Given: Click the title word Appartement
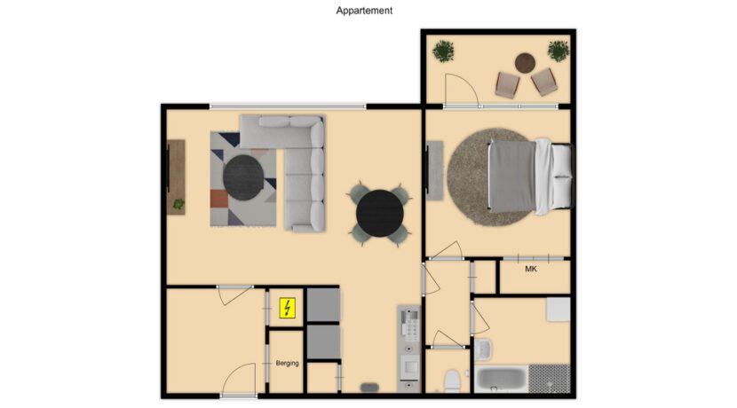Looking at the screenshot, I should pyautogui.click(x=364, y=11).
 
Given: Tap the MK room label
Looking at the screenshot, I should pyautogui.click(x=531, y=269).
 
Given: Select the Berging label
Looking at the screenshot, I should pyautogui.click(x=287, y=363).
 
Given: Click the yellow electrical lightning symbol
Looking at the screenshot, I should pyautogui.click(x=288, y=308).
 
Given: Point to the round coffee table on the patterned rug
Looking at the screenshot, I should pyautogui.click(x=242, y=177).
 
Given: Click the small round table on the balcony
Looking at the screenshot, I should pyautogui.click(x=526, y=63).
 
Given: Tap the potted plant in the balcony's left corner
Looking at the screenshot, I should pyautogui.click(x=444, y=51).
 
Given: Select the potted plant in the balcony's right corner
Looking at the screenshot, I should pyautogui.click(x=558, y=51).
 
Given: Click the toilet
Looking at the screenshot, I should pyautogui.click(x=452, y=380).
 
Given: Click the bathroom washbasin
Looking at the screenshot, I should pyautogui.click(x=484, y=348).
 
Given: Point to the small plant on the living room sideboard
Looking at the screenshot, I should pyautogui.click(x=178, y=204).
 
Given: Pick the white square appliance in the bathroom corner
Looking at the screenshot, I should pyautogui.click(x=557, y=310).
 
